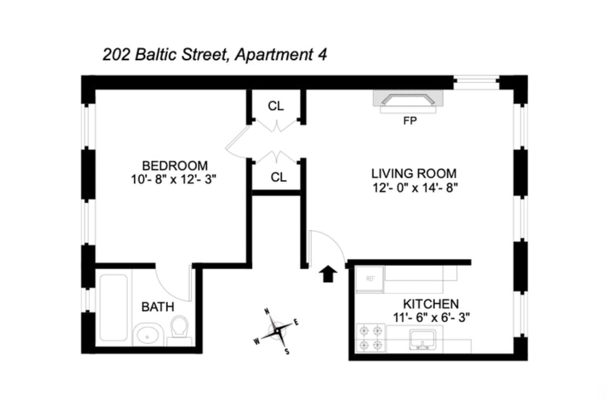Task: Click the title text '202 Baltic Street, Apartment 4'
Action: tap(215, 55)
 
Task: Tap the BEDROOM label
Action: tap(175, 166)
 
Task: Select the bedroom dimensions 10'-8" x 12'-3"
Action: tap(174, 179)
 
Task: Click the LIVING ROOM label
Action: tap(414, 174)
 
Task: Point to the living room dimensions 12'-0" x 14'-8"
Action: tap(415, 188)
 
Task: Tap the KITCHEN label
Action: tap(431, 304)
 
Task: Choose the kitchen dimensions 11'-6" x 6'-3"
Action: tap(431, 317)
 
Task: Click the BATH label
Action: tap(158, 307)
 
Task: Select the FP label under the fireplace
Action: tap(410, 121)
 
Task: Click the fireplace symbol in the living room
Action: tap(408, 101)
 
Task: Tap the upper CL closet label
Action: tap(276, 106)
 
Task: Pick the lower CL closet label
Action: tap(279, 177)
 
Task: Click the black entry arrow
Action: tap(328, 273)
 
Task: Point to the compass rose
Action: tap(277, 331)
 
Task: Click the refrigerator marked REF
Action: tap(370, 280)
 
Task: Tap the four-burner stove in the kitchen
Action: tap(371, 338)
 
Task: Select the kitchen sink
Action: tap(422, 339)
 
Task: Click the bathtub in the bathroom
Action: tap(113, 307)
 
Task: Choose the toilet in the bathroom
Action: tap(180, 330)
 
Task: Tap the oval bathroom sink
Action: tap(148, 335)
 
